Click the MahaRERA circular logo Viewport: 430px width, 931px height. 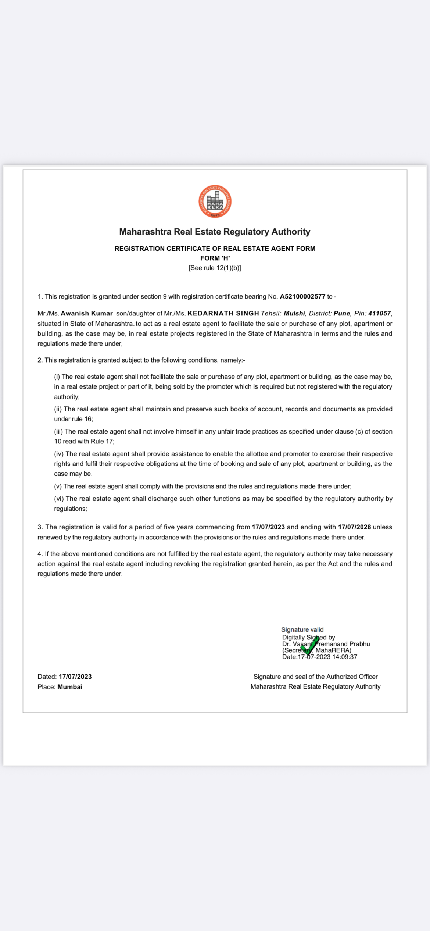click(215, 201)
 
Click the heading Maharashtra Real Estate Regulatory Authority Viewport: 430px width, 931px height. click(215, 232)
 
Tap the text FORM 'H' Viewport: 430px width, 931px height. click(215, 258)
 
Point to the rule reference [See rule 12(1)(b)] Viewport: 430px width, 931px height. click(215, 268)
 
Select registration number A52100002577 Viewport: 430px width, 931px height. click(302, 297)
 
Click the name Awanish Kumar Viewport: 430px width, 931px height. click(87, 314)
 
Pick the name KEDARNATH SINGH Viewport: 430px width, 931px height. click(223, 314)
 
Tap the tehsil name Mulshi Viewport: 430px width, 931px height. click(294, 314)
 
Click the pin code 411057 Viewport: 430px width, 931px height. click(379, 314)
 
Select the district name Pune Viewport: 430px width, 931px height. click(342, 314)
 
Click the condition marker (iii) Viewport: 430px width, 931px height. click(58, 432)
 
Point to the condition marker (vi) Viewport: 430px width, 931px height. click(59, 499)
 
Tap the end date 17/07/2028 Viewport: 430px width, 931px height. click(354, 527)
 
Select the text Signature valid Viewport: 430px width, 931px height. click(302, 630)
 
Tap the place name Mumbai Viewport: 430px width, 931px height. click(70, 687)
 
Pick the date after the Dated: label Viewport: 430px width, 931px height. click(75, 677)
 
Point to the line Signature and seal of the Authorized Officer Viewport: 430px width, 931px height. click(315, 677)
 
